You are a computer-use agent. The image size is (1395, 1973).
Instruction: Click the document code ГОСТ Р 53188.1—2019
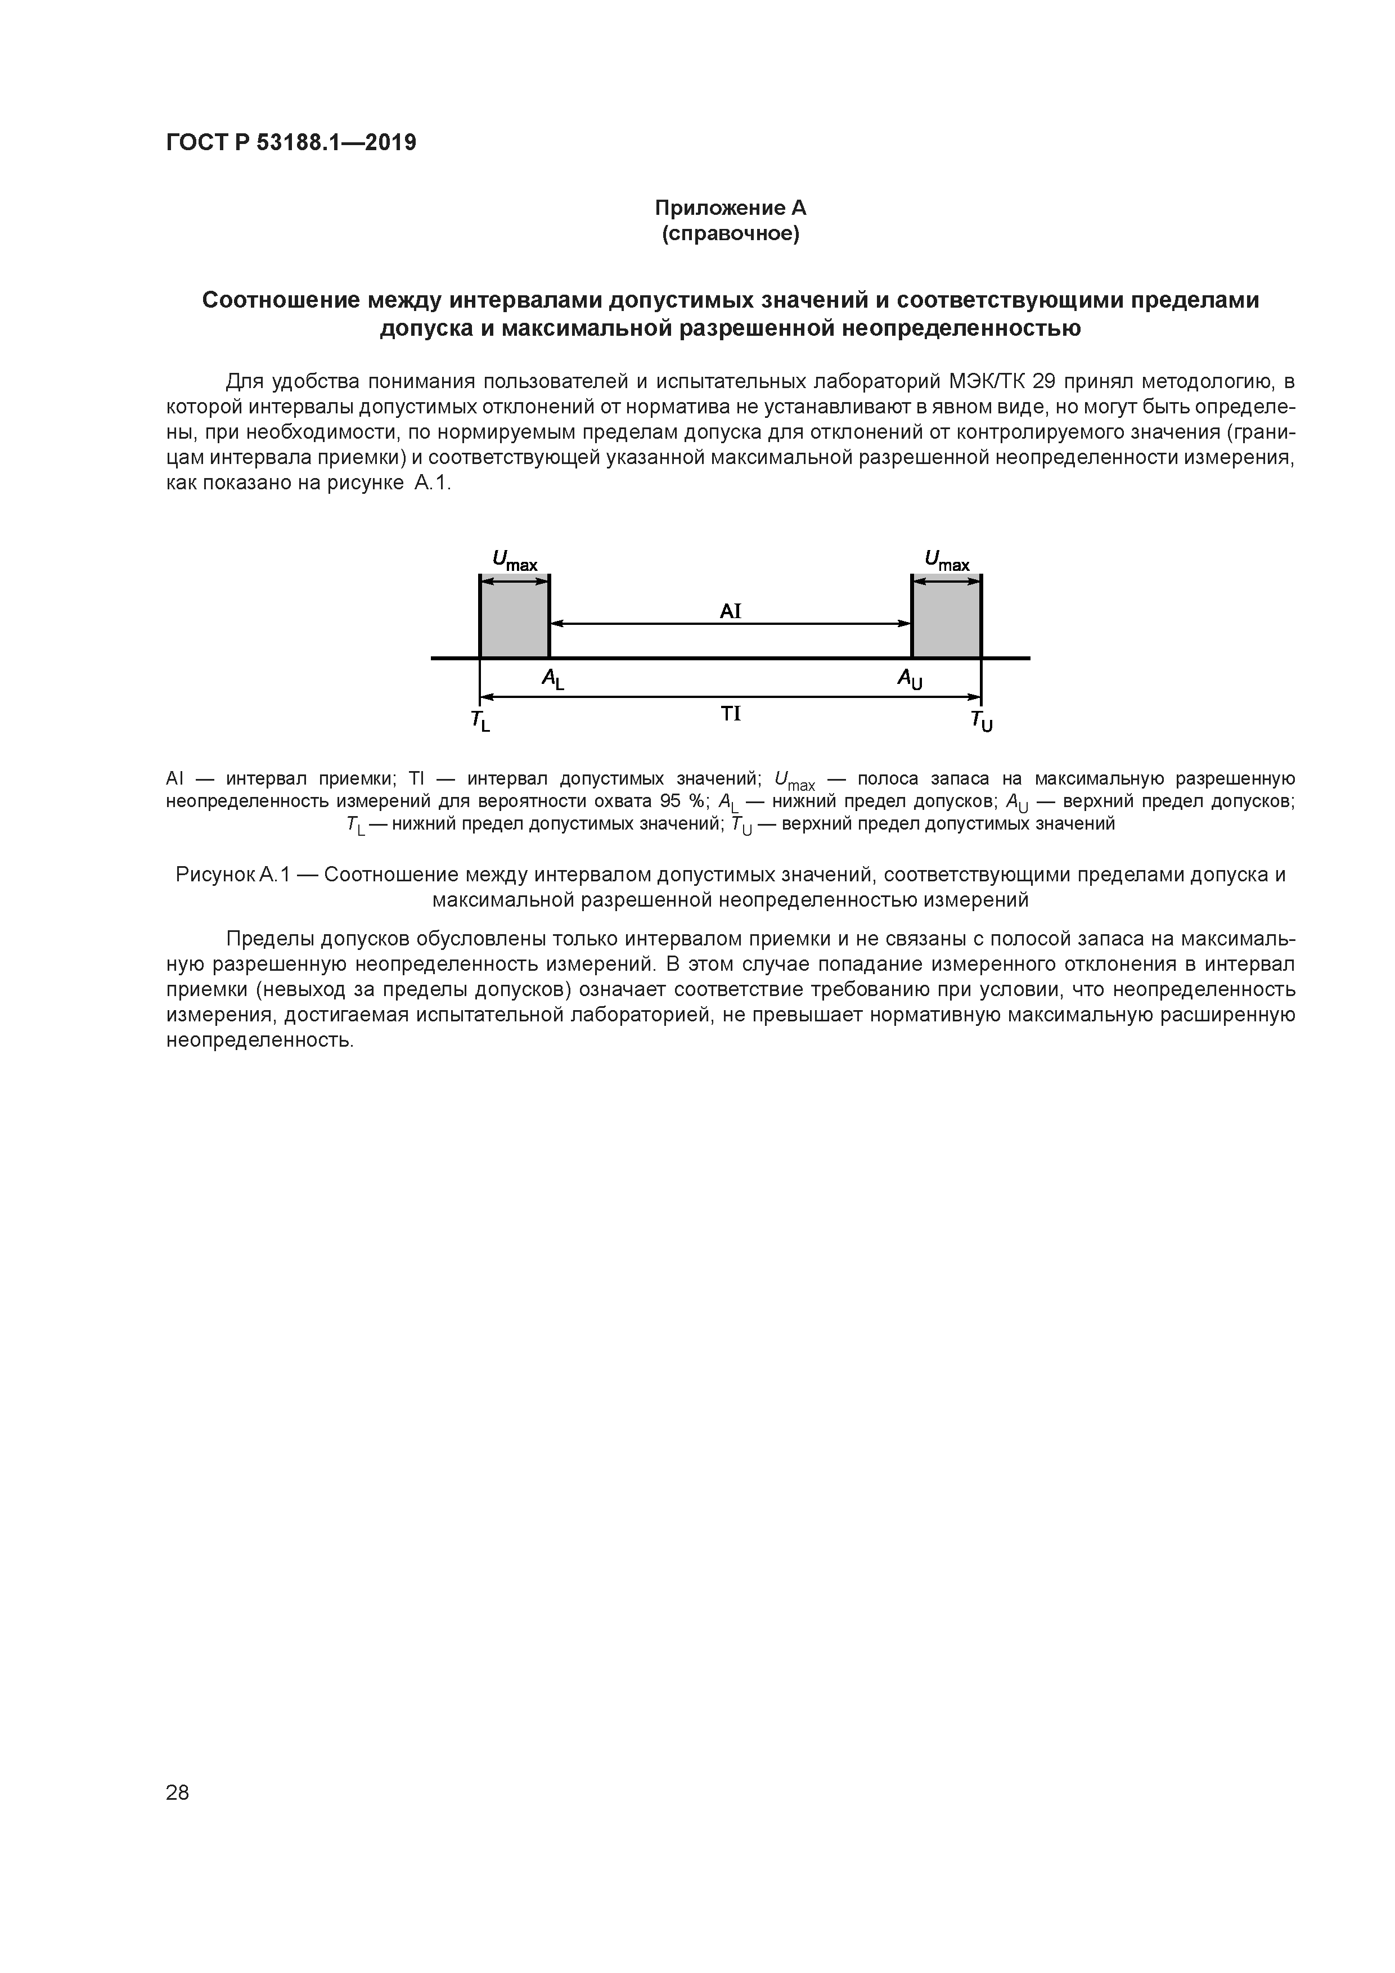(290, 143)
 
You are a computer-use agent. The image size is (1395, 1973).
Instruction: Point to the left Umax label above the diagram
(514, 561)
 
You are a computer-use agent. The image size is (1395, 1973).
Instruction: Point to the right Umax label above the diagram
(946, 561)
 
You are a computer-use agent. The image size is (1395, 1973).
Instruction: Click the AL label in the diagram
(553, 680)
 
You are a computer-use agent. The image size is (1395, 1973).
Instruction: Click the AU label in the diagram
(910, 680)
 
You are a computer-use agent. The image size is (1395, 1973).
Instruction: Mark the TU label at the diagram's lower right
(980, 722)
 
